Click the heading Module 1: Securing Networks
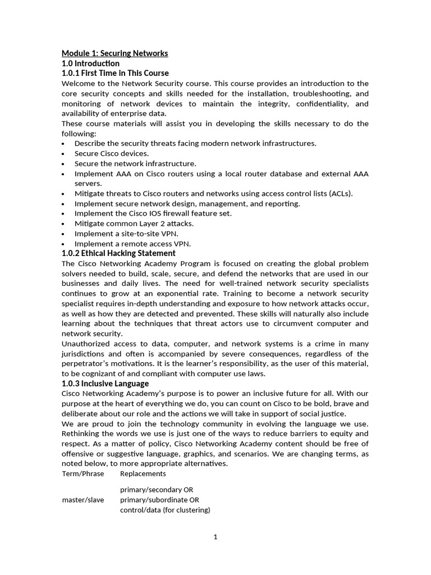pyautogui.click(x=114, y=53)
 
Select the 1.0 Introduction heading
pyautogui.click(x=90, y=63)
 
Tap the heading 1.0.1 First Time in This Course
pyautogui.click(x=115, y=74)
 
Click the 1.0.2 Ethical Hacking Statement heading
pyautogui.click(x=118, y=253)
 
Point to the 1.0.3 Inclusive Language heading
pyautogui.click(x=105, y=384)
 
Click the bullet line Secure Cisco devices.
pyautogui.click(x=111, y=153)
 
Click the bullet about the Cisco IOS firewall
pyautogui.click(x=153, y=213)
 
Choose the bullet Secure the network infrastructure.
pyautogui.click(x=135, y=163)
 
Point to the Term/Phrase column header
pyautogui.click(x=82, y=473)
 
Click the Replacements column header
pyautogui.click(x=143, y=473)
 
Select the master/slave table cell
pyautogui.click(x=82, y=500)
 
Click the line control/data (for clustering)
pyautogui.click(x=165, y=510)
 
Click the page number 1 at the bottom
pyautogui.click(x=215, y=537)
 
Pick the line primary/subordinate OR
pyautogui.click(x=159, y=500)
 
